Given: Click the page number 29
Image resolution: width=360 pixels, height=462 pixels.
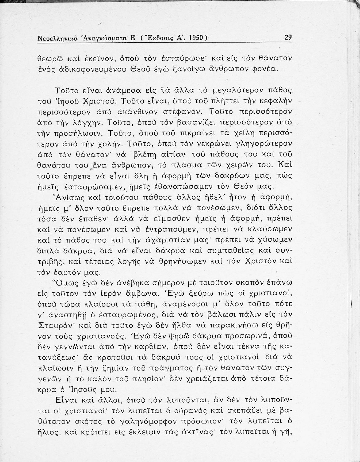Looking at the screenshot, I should [x=288, y=38].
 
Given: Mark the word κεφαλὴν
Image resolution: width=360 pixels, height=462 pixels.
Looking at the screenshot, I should [x=277, y=101].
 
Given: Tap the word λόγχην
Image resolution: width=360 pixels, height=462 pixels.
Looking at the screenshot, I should [x=90, y=123].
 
